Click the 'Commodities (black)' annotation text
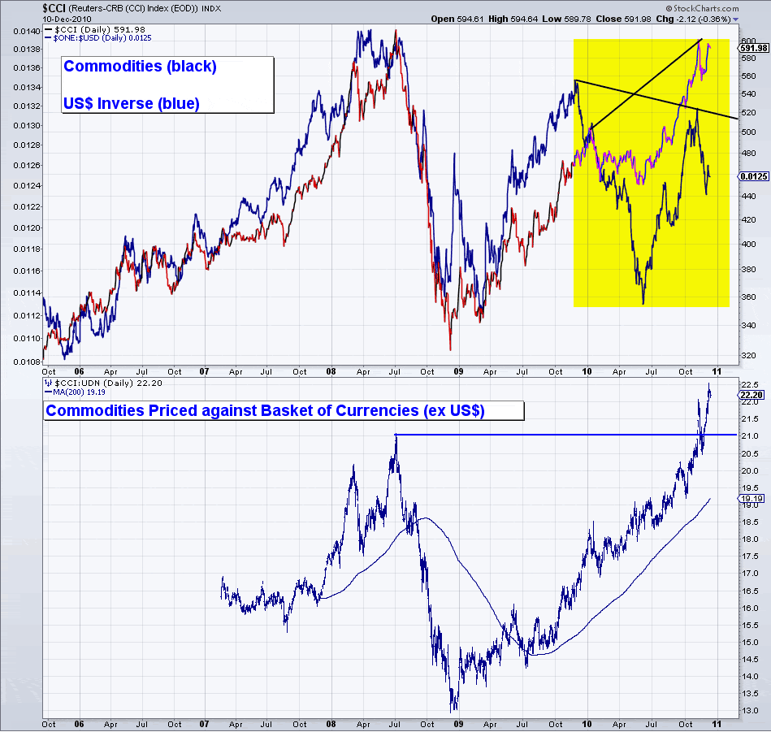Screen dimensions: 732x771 coord(140,67)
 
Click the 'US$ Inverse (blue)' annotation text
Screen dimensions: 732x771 coord(131,103)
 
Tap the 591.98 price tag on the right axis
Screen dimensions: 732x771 coord(752,48)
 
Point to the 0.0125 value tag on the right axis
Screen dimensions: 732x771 coord(753,175)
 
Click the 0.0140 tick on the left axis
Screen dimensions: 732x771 coord(25,31)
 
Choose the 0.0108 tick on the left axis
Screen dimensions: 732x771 coord(25,360)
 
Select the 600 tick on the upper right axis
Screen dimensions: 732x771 coord(747,40)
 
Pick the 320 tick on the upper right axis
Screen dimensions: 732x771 coord(747,355)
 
